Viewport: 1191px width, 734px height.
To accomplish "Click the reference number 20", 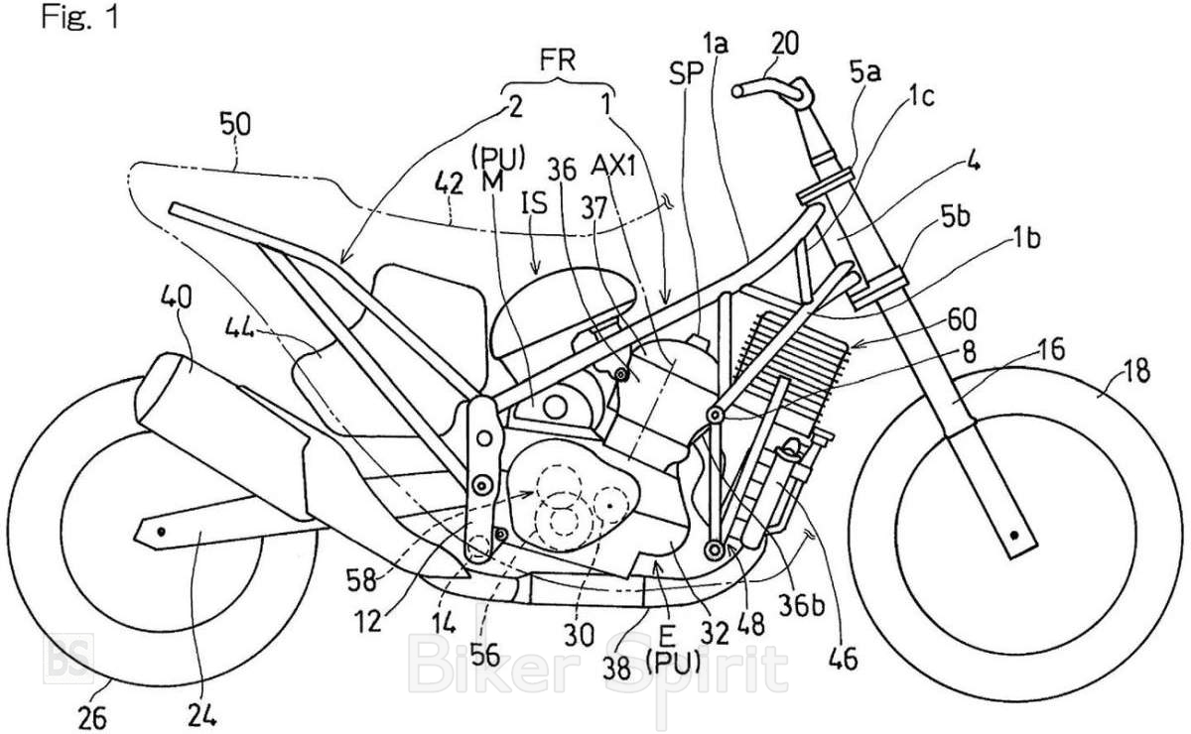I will [x=781, y=41].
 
